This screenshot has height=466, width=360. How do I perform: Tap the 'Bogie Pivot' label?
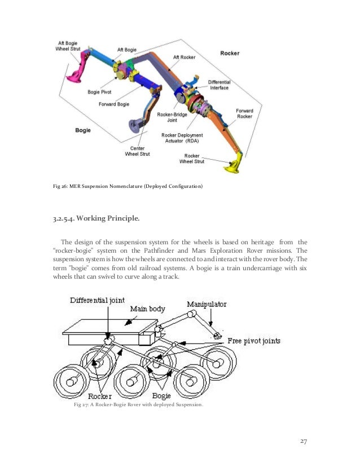tap(99, 91)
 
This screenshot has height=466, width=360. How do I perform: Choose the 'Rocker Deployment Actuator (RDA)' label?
tap(182, 138)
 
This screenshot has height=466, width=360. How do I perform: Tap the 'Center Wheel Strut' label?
tap(137, 152)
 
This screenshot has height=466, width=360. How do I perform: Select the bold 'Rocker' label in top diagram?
tap(230, 54)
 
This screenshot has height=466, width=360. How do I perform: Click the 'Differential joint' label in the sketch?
tap(97, 300)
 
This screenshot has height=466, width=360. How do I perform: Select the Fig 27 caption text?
tap(139, 405)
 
